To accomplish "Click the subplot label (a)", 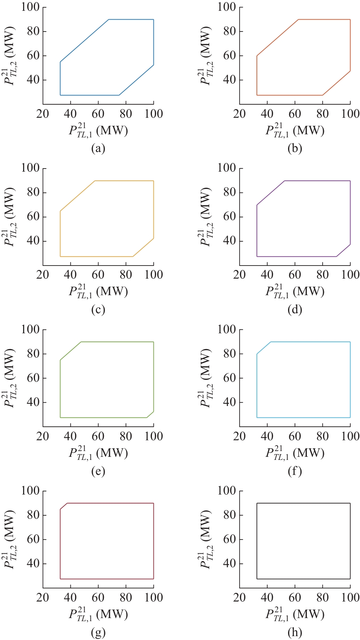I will coord(98,149).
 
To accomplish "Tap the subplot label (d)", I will coord(295,310).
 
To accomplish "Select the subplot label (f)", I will coord(295,471).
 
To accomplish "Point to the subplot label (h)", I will coord(295,632).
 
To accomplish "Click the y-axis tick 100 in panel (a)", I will coord(30,7).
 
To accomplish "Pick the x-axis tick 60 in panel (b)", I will coord(295,114).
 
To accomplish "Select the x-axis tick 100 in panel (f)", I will coord(350,436).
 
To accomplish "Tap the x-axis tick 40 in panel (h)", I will coord(267,597).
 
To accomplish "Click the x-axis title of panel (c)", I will coord(98,292).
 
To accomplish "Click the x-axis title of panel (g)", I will coord(98,614).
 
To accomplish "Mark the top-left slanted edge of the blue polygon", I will coord(85,40).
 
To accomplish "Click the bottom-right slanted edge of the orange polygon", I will coord(337,83).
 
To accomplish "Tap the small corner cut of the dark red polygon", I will coord(64,506).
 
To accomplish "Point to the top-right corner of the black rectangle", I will coord(350,503).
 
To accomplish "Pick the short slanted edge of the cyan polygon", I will coord(264,348).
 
